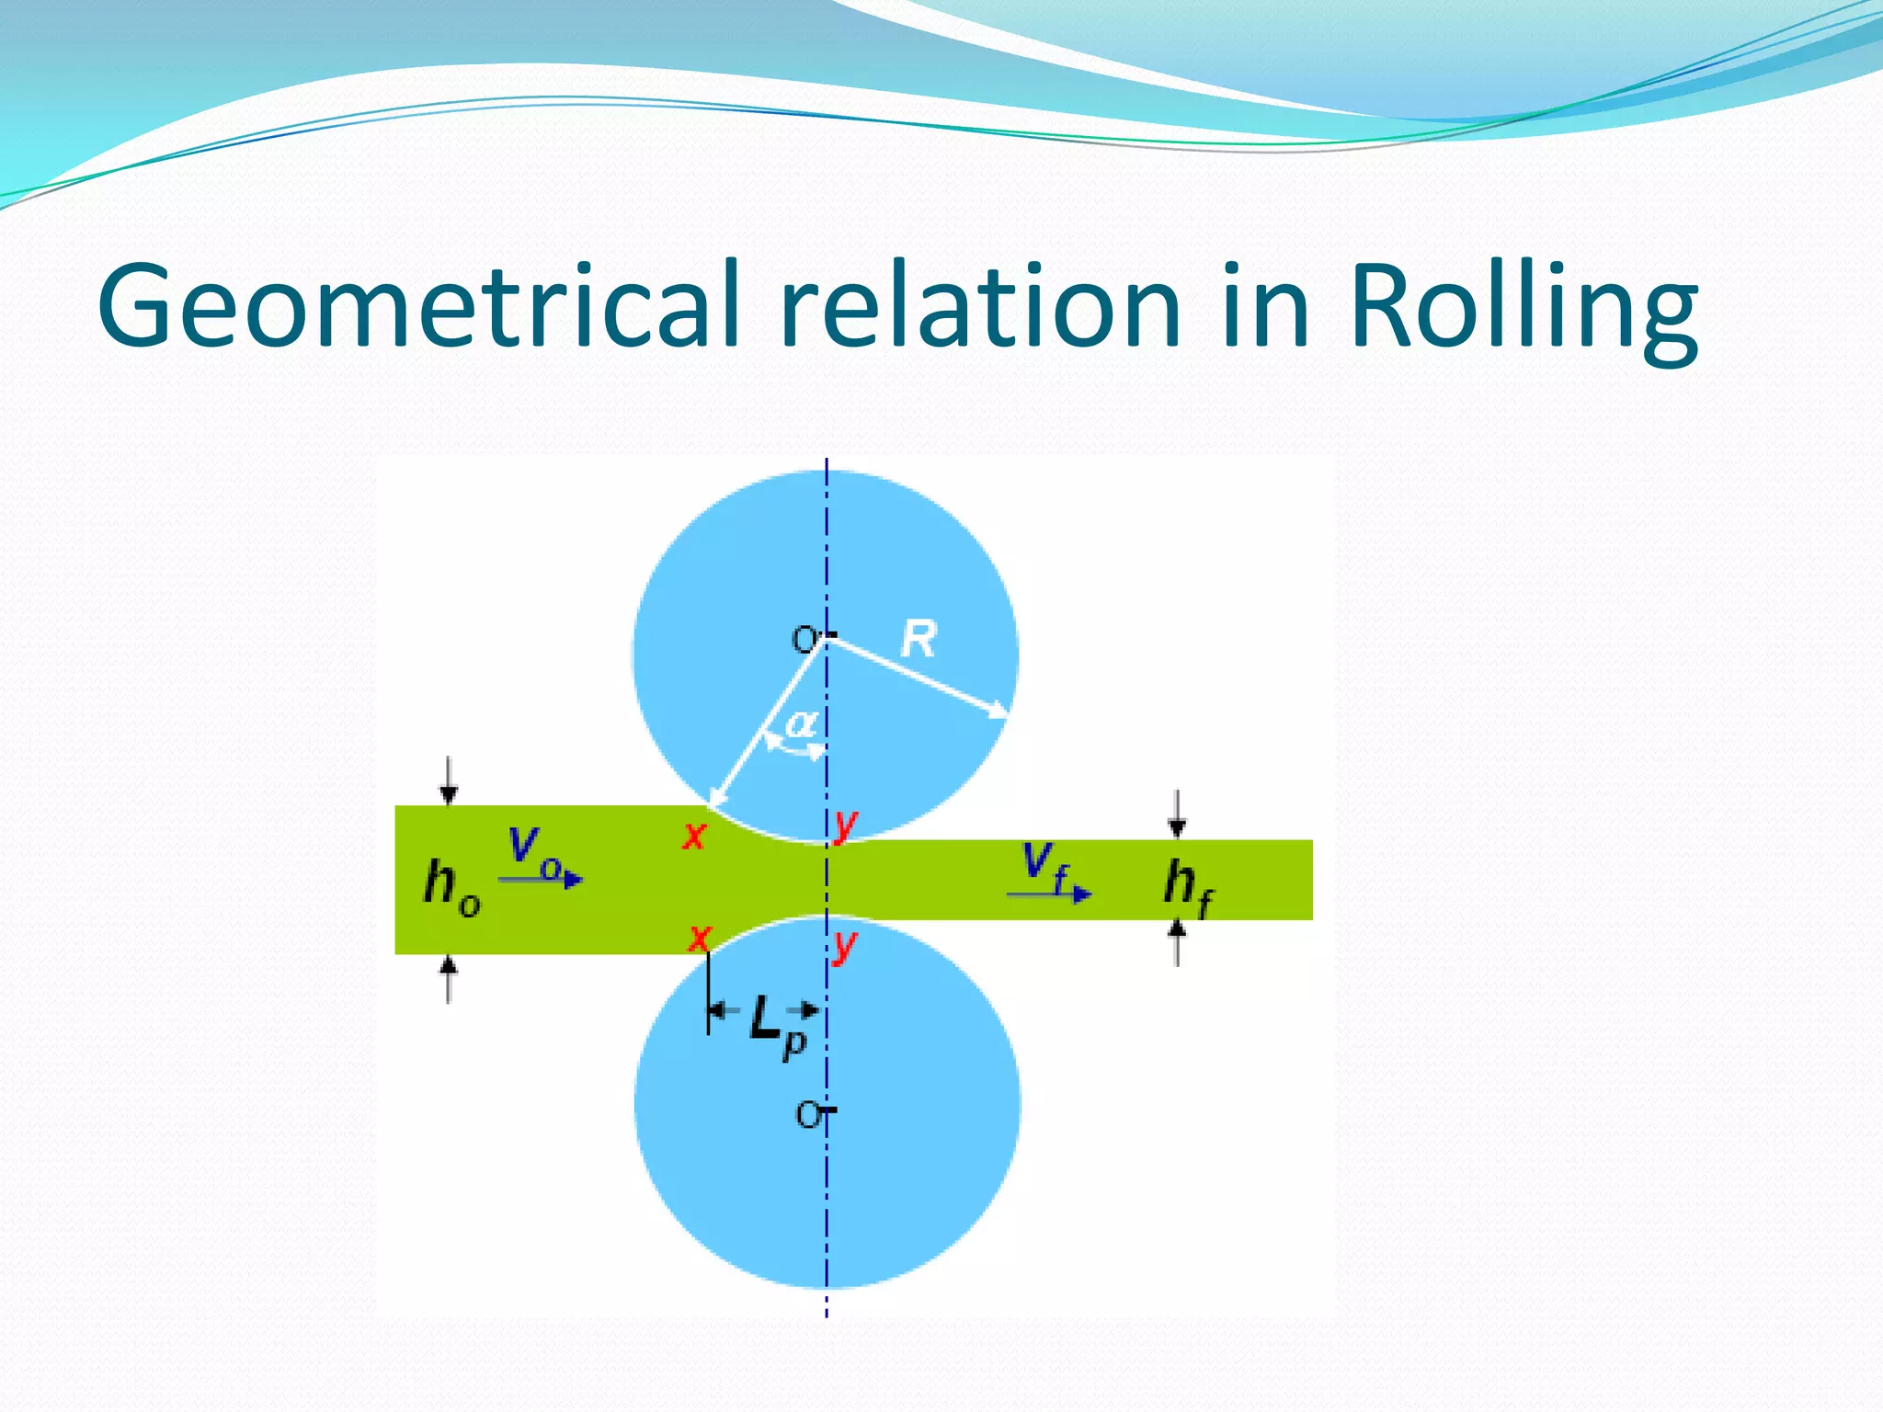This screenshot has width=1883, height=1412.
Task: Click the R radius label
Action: tap(919, 639)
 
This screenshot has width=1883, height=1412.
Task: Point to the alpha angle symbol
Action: tap(801, 723)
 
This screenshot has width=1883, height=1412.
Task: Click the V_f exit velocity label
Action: tap(1047, 866)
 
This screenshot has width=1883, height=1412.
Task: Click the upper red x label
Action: tap(694, 836)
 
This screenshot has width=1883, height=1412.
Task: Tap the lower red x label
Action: tap(700, 939)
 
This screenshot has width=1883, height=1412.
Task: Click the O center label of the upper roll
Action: tap(805, 639)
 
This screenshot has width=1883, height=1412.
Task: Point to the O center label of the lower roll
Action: tap(808, 1115)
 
